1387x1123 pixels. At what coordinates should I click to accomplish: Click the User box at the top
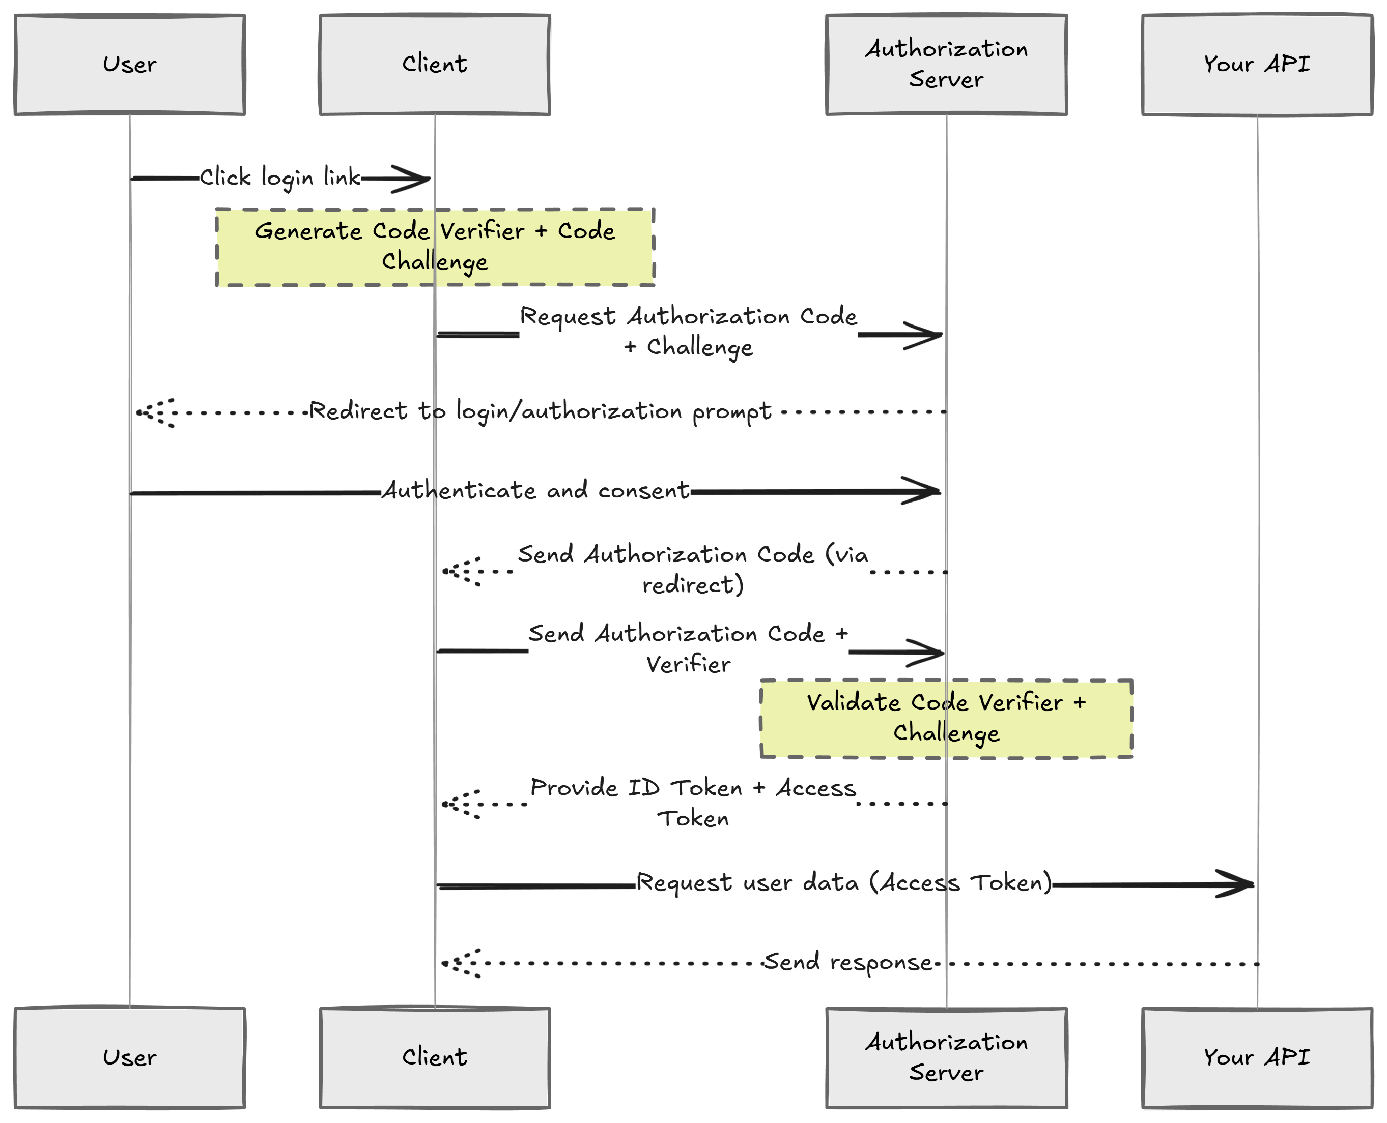pyautogui.click(x=129, y=65)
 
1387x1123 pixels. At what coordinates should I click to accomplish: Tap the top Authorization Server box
pyautogui.click(x=946, y=65)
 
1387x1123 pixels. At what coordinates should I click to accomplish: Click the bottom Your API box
pyautogui.click(x=1256, y=1057)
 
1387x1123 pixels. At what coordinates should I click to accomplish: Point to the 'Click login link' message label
pyautogui.click(x=279, y=177)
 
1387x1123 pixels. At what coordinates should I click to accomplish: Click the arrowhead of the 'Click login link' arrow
pyautogui.click(x=414, y=179)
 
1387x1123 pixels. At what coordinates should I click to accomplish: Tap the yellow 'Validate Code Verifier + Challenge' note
pyautogui.click(x=946, y=718)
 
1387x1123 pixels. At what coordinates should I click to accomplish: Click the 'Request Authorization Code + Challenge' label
pyautogui.click(x=688, y=331)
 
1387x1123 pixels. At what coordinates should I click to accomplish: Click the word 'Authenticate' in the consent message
pyautogui.click(x=458, y=490)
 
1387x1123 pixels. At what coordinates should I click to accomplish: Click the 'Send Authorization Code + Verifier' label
pyautogui.click(x=688, y=648)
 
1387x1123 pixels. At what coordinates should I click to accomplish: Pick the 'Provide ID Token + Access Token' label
pyautogui.click(x=693, y=803)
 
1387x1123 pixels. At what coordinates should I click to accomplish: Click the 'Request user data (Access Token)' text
pyautogui.click(x=844, y=882)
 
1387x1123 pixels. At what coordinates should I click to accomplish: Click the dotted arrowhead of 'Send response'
pyautogui.click(x=461, y=963)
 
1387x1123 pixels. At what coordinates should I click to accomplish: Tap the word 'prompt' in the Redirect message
pyautogui.click(x=731, y=412)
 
